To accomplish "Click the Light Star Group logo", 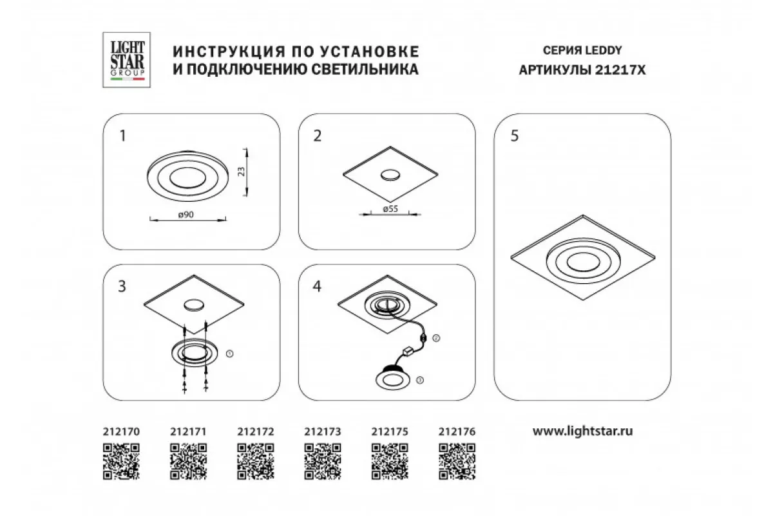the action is pos(126,60).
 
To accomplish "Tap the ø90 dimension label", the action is pos(186,215).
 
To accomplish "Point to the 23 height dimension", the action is pos(242,172).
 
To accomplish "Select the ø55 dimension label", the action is pos(390,209).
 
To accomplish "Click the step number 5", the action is pos(515,136).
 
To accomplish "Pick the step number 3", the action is pos(122,286).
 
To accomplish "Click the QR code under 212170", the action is pos(121,462).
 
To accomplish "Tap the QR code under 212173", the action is pos(323,462).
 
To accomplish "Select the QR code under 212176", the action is pos(457,462).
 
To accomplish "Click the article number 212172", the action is pos(255,432).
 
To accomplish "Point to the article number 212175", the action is pos(390,432).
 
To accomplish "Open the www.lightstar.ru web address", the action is pos(582,432).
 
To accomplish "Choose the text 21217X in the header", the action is pos(620,70).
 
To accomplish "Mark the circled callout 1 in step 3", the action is pos(229,353).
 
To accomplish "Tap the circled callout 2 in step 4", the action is pos(436,338).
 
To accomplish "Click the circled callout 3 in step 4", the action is pos(419,380).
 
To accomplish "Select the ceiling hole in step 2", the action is pos(390,175).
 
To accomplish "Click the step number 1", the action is pos(122,136).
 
